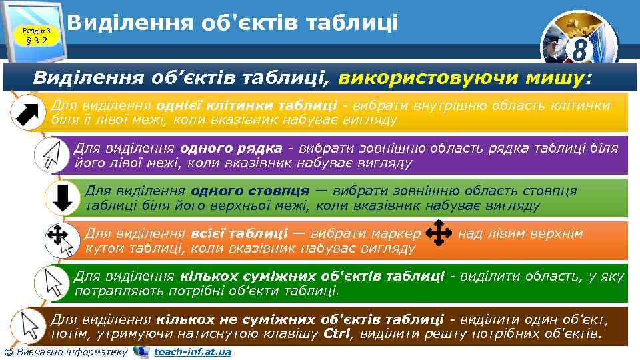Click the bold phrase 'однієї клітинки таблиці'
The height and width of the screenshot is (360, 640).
pyautogui.click(x=247, y=105)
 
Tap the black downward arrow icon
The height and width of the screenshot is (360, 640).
pyautogui.click(x=62, y=198)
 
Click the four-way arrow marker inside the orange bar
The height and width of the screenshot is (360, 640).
pyautogui.click(x=439, y=234)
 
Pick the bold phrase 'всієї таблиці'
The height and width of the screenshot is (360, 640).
pyautogui.click(x=239, y=233)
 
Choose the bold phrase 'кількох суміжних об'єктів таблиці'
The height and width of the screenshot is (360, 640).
pyautogui.click(x=312, y=276)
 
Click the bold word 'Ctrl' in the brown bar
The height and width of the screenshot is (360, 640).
pyautogui.click(x=341, y=333)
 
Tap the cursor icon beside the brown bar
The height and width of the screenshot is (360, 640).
pyautogui.click(x=29, y=326)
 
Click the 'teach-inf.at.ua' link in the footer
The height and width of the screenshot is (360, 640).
pyautogui.click(x=192, y=351)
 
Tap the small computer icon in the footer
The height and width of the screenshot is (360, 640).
pyautogui.click(x=141, y=351)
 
